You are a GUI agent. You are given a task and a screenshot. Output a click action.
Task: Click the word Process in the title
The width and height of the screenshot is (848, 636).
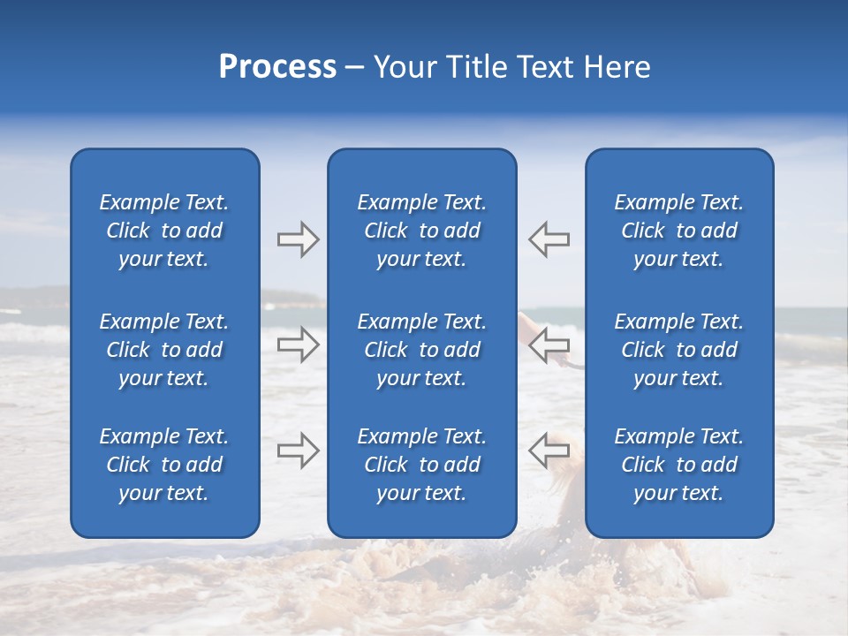click(277, 67)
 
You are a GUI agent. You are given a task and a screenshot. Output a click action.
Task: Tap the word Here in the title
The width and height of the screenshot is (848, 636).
click(617, 67)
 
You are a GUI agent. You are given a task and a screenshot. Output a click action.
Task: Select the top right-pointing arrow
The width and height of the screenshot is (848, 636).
click(298, 239)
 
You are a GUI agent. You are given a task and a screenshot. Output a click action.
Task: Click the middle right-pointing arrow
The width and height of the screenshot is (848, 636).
click(298, 344)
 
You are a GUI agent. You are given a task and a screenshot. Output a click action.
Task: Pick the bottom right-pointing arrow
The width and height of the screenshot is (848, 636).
click(298, 450)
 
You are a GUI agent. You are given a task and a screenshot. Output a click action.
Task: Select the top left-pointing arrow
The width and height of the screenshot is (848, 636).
click(549, 239)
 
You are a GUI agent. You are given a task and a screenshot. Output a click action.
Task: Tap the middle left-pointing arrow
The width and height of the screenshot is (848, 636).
click(549, 344)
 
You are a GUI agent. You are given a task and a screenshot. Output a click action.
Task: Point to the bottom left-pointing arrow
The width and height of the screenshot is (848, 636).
click(549, 450)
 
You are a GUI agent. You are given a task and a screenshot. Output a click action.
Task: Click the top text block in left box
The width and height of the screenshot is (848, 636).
click(164, 231)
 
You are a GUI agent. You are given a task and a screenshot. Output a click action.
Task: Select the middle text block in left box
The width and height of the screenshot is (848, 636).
click(164, 350)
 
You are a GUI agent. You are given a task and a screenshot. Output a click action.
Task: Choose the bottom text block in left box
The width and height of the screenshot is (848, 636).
click(164, 465)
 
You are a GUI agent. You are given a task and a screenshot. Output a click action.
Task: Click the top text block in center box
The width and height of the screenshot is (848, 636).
click(421, 231)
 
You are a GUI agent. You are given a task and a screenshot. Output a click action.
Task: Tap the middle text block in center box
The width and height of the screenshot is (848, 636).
click(421, 350)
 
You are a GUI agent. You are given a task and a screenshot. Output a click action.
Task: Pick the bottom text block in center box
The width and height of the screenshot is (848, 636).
click(421, 465)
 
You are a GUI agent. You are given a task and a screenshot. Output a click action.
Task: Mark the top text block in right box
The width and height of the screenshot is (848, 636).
click(678, 231)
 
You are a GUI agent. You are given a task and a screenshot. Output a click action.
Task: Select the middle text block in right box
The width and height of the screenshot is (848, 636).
click(678, 350)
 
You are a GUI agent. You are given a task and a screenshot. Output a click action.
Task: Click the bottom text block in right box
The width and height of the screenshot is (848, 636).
click(678, 465)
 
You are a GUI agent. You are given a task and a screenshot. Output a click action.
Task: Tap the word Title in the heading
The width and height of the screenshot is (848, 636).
click(476, 67)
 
